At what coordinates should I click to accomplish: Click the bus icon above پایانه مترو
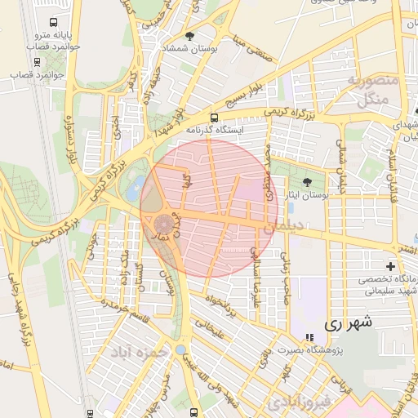click(54, 23)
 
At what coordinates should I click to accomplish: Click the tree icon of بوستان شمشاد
click(190, 36)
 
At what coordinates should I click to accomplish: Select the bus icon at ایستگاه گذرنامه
click(214, 118)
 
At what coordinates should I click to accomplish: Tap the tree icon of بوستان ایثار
click(307, 182)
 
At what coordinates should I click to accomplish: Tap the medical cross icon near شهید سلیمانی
click(391, 266)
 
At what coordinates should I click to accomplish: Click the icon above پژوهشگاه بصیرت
click(308, 338)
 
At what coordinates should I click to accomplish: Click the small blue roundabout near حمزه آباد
click(180, 349)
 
